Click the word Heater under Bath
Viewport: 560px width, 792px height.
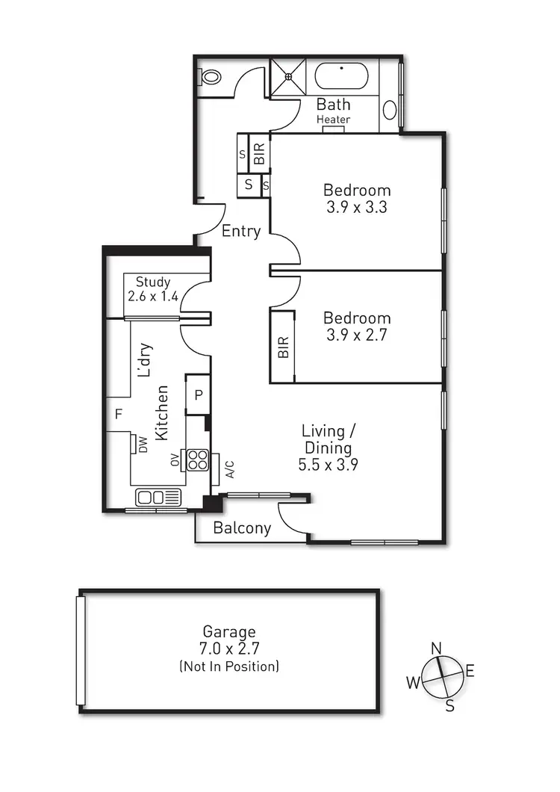click(333, 120)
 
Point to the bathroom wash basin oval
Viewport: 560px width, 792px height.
click(391, 110)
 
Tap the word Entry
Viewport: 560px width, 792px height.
click(241, 231)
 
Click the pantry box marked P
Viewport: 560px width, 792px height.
click(198, 395)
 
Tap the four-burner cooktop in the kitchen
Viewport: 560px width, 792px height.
click(198, 460)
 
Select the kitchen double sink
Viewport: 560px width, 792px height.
click(158, 497)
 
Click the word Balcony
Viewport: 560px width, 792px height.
click(242, 528)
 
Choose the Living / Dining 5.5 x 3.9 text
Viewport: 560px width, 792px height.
click(327, 448)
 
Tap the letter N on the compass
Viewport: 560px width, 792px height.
click(438, 647)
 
